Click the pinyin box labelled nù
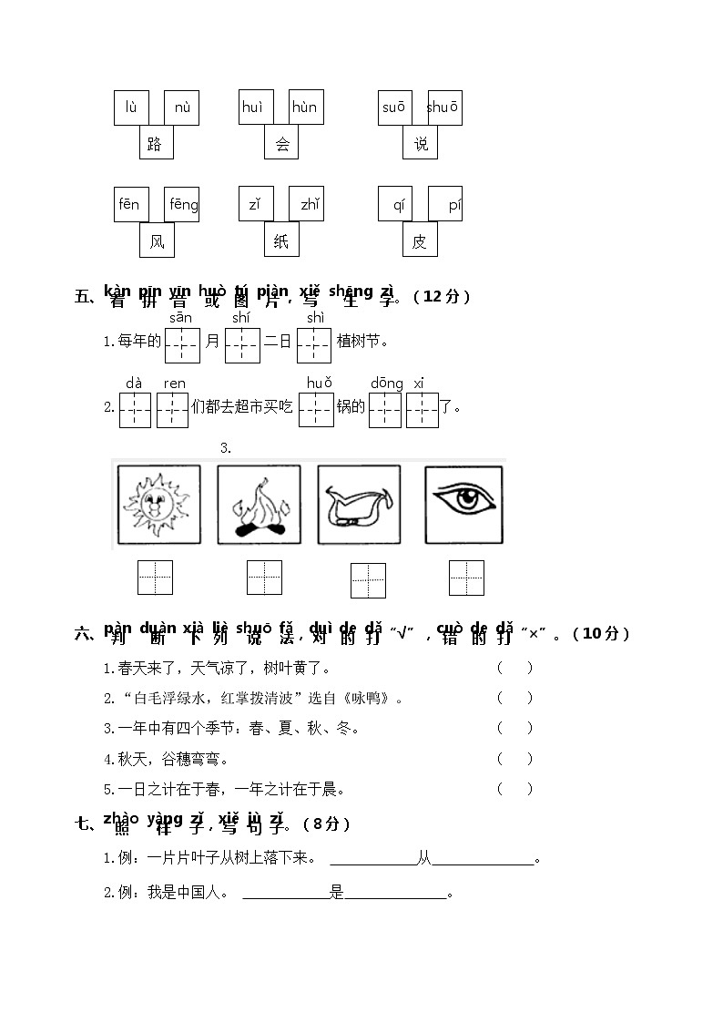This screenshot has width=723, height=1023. (182, 107)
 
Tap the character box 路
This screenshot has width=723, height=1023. (156, 143)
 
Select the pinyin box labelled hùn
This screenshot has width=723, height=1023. (305, 107)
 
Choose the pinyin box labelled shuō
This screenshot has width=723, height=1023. (443, 107)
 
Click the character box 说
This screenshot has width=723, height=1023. (420, 143)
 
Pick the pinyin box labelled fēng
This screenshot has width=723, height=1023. (182, 204)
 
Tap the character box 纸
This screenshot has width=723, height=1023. (281, 240)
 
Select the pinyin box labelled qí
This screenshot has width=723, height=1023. (397, 204)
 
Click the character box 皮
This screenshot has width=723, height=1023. (420, 240)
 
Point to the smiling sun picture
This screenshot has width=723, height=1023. (158, 505)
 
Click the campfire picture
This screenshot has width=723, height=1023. (259, 505)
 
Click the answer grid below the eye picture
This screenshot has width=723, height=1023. (466, 578)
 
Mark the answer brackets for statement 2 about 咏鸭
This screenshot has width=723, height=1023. (514, 698)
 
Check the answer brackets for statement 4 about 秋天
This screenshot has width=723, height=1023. (514, 759)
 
